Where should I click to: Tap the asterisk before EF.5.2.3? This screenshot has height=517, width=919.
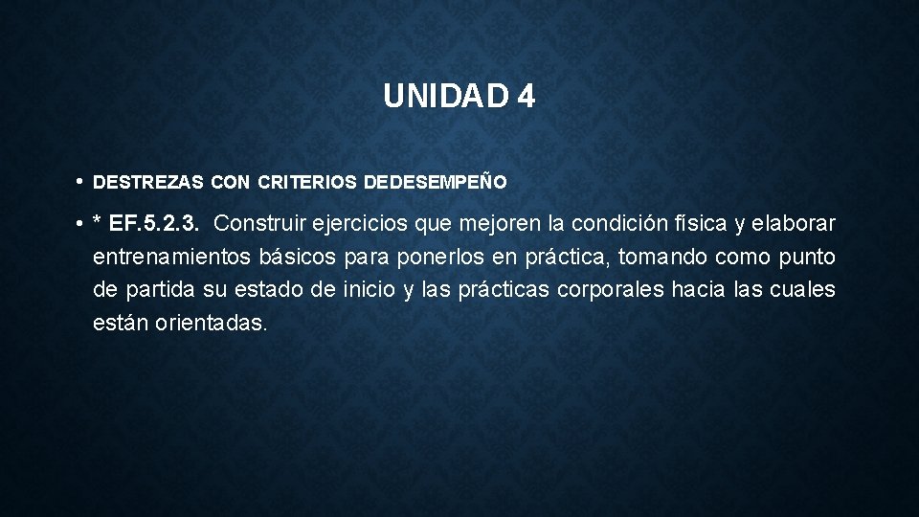[98, 224]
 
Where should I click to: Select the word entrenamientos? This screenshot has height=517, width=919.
[171, 258]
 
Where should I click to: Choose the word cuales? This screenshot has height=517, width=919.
[803, 290]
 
